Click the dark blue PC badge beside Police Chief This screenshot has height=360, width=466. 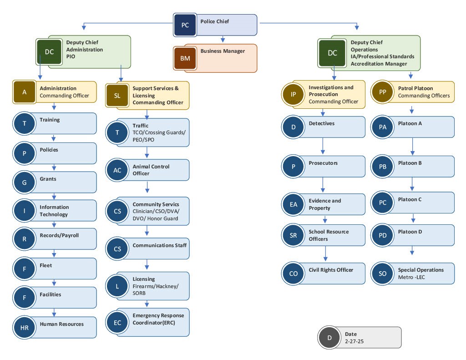click(185, 25)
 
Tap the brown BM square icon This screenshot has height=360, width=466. click(185, 58)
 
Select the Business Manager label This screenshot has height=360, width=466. click(223, 51)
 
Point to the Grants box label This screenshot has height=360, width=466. click(48, 179)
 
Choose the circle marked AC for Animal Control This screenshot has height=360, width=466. click(117, 170)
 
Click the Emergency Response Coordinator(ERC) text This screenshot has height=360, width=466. click(154, 319)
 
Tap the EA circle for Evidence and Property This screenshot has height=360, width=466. click(294, 204)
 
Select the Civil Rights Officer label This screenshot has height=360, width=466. click(331, 270)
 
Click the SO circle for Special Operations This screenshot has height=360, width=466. click(383, 274)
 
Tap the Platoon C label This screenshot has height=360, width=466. click(410, 199)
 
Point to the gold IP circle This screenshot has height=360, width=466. click(294, 94)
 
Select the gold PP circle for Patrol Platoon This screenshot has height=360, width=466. click(383, 92)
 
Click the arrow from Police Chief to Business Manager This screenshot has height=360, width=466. click(223, 40)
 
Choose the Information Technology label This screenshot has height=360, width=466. click(54, 211)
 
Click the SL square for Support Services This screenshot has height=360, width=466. click(117, 96)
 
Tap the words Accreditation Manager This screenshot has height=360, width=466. click(379, 64)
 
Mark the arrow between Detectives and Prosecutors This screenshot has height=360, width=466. click(323, 146)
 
